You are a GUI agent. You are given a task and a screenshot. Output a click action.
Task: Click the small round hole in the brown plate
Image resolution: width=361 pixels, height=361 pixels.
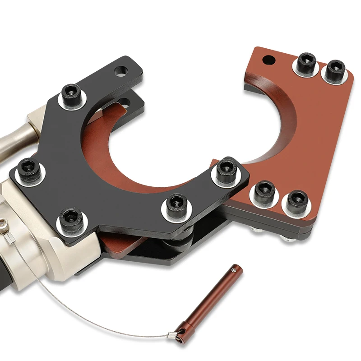coord(269,59)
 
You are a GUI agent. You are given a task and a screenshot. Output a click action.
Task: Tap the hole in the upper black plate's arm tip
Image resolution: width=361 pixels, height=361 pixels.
coord(121,70)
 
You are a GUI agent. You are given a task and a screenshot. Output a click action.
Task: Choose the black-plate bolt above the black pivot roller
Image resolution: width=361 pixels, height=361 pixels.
coord(175,205)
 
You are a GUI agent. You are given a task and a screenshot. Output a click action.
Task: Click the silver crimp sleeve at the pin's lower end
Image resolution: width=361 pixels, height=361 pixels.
coord(172,335)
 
